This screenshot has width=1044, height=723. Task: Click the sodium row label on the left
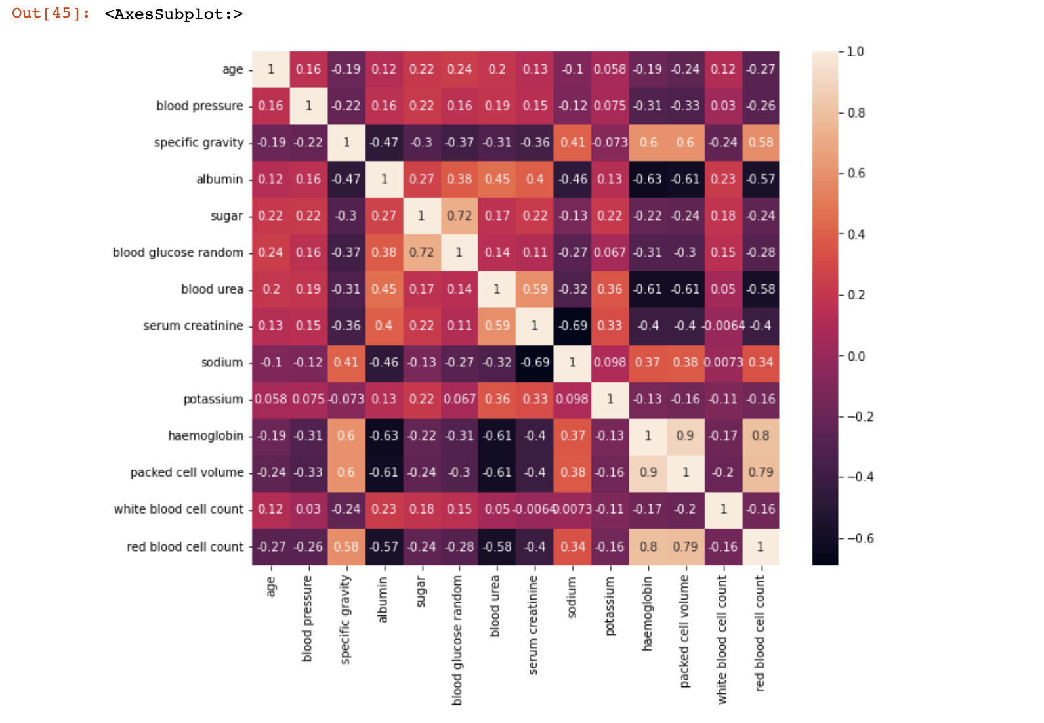click(222, 362)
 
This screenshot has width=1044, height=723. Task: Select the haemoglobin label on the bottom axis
click(648, 613)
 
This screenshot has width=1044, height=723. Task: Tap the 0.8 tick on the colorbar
click(856, 113)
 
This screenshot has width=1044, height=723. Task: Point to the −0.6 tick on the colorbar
click(860, 538)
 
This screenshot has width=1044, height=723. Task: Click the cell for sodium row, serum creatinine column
click(535, 362)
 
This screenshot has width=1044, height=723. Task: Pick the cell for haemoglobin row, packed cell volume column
click(685, 436)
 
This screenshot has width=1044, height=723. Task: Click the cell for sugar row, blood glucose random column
click(459, 216)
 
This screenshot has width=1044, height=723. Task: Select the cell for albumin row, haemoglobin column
click(648, 179)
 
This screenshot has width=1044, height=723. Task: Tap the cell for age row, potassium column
click(610, 70)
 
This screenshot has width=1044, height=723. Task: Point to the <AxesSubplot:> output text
click(173, 14)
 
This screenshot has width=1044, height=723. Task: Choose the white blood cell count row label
click(178, 509)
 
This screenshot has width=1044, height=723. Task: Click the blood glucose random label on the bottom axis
click(457, 640)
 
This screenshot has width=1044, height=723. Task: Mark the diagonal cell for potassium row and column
click(610, 399)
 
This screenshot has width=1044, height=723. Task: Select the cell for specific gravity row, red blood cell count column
click(761, 142)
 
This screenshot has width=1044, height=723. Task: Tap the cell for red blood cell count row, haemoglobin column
click(648, 546)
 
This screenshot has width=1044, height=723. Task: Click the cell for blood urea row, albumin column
click(384, 289)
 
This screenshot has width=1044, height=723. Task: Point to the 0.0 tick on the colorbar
click(856, 356)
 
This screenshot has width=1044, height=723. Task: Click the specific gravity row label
click(199, 142)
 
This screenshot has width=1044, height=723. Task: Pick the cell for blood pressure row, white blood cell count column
click(722, 106)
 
